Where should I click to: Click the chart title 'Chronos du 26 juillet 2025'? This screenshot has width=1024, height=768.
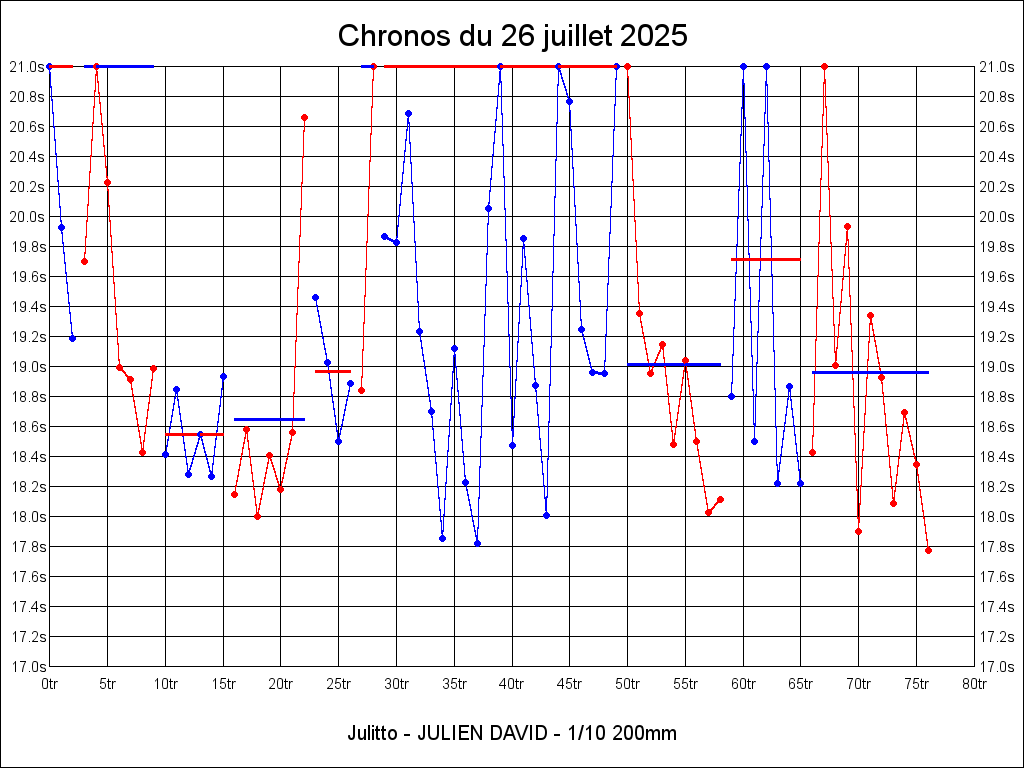[512, 36]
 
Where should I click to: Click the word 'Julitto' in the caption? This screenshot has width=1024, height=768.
[377, 733]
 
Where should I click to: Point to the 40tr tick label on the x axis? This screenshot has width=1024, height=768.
[512, 685]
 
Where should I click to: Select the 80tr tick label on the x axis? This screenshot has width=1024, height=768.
[975, 685]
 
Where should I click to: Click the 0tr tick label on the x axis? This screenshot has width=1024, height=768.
[49, 685]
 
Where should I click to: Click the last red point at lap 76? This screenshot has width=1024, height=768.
[928, 550]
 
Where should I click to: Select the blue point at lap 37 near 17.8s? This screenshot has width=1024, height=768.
[477, 543]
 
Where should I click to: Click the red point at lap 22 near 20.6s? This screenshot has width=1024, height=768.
[304, 117]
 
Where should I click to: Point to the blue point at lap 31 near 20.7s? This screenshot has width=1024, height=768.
[408, 113]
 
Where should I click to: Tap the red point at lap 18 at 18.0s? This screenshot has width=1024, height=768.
[257, 516]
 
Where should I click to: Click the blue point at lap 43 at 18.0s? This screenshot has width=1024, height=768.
[546, 515]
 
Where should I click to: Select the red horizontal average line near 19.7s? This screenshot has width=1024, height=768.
[765, 259]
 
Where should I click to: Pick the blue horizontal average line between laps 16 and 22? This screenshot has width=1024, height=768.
[269, 419]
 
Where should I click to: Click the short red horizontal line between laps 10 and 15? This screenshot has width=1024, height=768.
[194, 434]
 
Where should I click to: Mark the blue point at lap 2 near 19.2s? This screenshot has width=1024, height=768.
[72, 338]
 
